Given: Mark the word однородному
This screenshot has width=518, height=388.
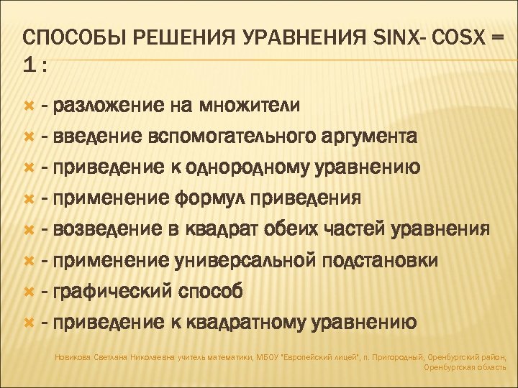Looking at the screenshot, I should [255, 168].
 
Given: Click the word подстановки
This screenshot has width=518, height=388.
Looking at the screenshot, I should [381, 261].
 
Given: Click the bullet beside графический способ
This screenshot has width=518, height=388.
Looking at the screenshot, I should [29, 291].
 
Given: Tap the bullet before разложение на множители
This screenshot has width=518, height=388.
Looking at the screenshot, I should [29, 106].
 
